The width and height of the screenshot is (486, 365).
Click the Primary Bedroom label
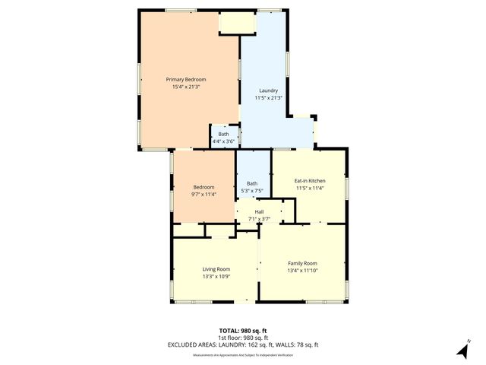pos(186,79)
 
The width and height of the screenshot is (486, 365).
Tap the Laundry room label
pos(268,90)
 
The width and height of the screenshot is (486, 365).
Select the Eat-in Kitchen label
pos(310,181)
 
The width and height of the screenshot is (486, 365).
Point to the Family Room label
pos(302,263)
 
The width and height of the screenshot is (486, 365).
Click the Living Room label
pos(216,269)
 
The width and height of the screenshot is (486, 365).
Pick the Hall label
pos(259,211)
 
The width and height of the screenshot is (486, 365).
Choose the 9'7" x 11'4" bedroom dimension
pos(204,195)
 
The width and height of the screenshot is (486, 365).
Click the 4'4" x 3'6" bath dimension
pos(222,141)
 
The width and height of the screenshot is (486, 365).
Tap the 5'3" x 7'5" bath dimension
pos(252,190)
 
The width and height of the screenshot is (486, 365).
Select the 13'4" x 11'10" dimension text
pos(302,271)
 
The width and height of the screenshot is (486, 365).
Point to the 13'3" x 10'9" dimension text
pos(216,277)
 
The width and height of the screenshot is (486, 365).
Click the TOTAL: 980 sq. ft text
pos(243,332)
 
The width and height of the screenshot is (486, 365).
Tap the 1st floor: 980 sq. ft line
pos(243,338)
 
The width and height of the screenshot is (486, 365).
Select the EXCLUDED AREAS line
pos(243,345)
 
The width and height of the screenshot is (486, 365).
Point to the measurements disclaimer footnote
pos(243,354)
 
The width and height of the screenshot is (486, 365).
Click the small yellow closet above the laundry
pos(236,23)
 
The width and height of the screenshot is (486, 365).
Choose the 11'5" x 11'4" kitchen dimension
pos(310,189)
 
